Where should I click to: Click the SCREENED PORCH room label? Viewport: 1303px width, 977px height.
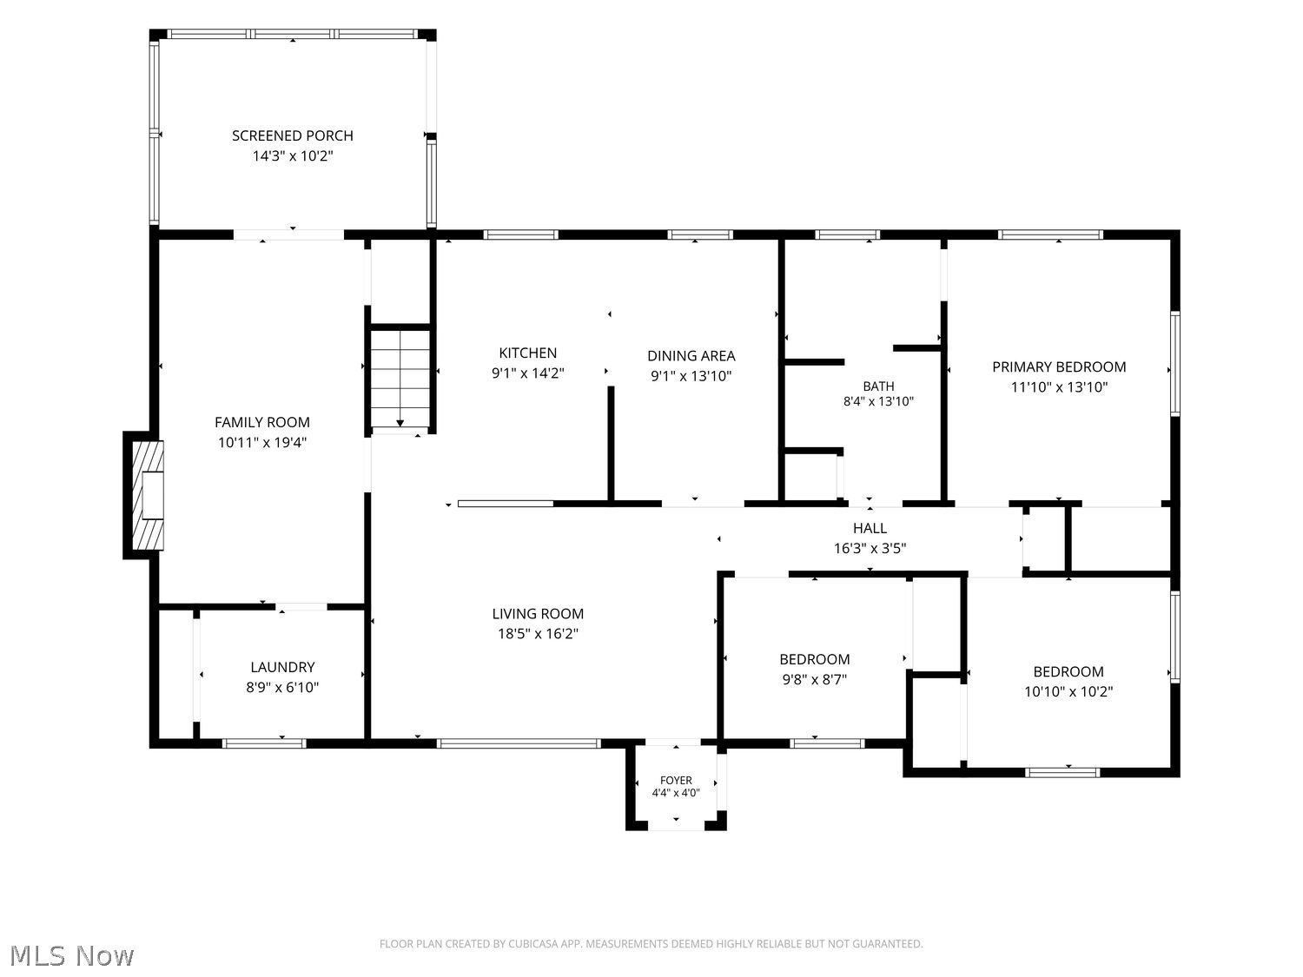pos(292,135)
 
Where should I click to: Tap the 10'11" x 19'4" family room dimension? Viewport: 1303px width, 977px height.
pos(261,443)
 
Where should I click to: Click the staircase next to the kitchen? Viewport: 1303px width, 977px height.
pos(400,379)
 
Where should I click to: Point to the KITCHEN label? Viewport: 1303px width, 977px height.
pos(527,353)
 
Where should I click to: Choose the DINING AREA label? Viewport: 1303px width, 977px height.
pos(691,356)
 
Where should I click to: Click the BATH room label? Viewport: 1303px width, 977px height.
pos(878,386)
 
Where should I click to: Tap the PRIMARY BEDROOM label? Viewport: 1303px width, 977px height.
pos(1058,367)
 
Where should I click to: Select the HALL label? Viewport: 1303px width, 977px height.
pos(870,528)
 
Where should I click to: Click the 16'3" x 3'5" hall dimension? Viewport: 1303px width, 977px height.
pos(870,549)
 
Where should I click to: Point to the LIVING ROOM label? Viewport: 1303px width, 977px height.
pos(537,613)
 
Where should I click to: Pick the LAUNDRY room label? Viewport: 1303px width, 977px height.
pos(282,667)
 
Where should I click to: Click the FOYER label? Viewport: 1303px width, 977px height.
pos(676,781)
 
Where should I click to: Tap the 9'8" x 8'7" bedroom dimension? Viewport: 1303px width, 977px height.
pos(814,680)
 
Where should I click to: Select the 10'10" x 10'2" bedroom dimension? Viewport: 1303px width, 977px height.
pos(1068,692)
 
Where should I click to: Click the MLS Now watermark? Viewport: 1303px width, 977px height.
pos(72,955)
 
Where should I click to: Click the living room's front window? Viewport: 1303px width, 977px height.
pos(519,743)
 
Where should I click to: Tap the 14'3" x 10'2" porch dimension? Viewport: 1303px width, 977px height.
pos(293,156)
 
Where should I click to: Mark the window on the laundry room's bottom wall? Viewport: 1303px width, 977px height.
pos(264,743)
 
